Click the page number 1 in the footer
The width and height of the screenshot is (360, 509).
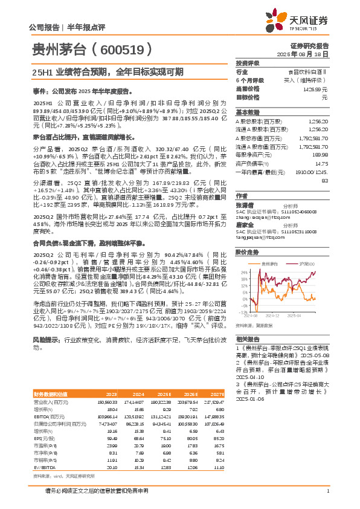tap(327, 498)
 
